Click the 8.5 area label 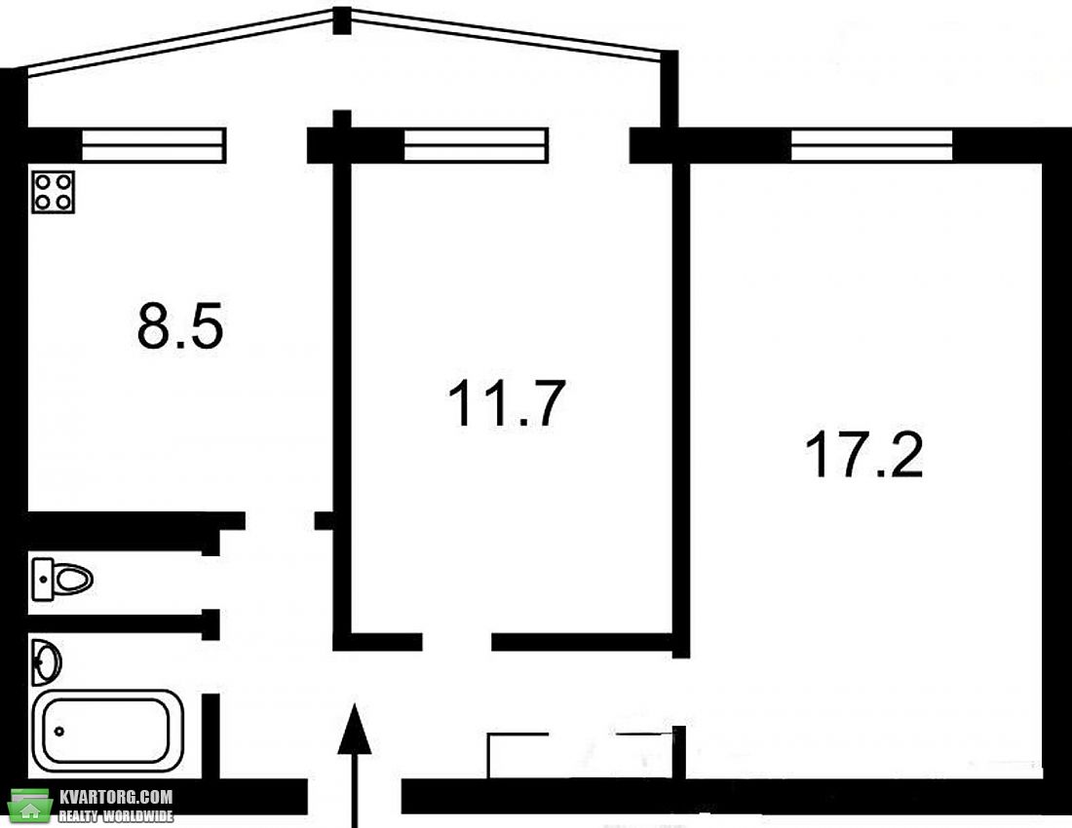tap(180, 326)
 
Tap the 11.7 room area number tap(507, 403)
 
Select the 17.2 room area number tap(864, 454)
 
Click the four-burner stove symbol tap(54, 192)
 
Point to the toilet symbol tap(62, 580)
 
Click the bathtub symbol tap(107, 731)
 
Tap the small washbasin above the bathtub tap(46, 662)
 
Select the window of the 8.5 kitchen tap(154, 145)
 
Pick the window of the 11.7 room tap(476, 145)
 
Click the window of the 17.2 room tap(871, 145)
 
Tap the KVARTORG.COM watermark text tap(116, 797)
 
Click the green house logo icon tap(30, 807)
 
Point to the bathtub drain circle tap(59, 732)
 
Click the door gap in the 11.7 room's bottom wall tap(457, 642)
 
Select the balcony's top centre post tap(342, 20)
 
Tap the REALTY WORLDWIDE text tap(116, 815)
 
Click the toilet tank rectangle tap(42, 580)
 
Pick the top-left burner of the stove tap(43, 182)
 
